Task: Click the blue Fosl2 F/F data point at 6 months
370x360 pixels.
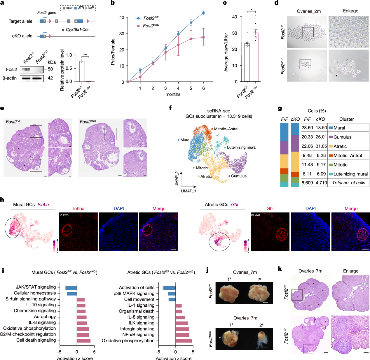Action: click(203, 13)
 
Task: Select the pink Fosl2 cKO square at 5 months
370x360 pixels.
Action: click(191, 38)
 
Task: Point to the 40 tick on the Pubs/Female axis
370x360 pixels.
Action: click(122, 18)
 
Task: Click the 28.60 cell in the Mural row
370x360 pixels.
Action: click(307, 128)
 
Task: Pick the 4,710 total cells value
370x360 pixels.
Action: click(321, 183)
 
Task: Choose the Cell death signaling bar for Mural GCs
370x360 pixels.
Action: click(84, 340)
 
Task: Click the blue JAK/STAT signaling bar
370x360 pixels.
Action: click(71, 288)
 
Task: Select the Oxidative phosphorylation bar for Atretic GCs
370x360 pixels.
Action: click(184, 341)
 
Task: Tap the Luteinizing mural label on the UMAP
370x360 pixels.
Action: click(242, 147)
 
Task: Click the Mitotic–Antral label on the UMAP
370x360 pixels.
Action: click(226, 129)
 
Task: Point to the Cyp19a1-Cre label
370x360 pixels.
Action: click(77, 29)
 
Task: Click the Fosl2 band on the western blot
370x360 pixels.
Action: click(26, 69)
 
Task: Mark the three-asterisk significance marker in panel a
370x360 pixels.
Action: click(85, 55)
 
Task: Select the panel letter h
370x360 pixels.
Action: click(2, 200)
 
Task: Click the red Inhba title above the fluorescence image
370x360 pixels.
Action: click(78, 208)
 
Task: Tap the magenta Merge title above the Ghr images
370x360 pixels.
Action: click(351, 208)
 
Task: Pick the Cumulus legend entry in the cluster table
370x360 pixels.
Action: click(342, 137)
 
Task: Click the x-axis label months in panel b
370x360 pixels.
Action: click(173, 94)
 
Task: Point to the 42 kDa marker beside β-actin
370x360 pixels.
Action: click(50, 78)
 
